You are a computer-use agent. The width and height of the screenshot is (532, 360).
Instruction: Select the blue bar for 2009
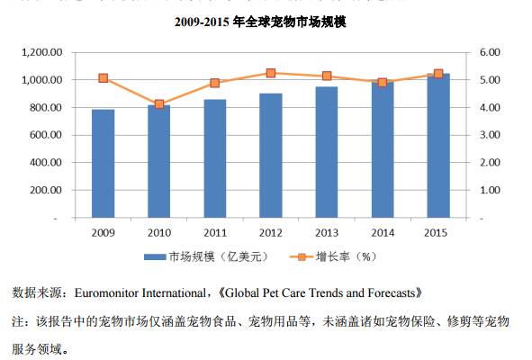point(104,164)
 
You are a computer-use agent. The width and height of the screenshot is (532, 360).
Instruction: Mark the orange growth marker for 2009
point(104,78)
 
